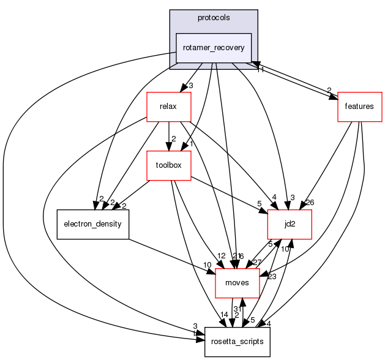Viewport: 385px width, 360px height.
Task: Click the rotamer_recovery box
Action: [x=214, y=48]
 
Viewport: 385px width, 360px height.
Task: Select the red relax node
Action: [x=168, y=107]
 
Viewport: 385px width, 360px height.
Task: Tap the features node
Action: [x=359, y=107]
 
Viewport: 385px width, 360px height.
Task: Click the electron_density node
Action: [x=92, y=224]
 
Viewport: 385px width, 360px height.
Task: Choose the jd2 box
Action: [x=290, y=224]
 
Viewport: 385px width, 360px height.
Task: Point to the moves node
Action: [x=237, y=282]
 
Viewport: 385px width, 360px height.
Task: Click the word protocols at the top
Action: [x=214, y=18]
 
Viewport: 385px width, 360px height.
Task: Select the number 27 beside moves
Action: [x=256, y=262]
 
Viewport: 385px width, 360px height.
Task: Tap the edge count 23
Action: [x=271, y=276]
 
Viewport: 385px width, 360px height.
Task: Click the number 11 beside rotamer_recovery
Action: [x=260, y=70]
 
